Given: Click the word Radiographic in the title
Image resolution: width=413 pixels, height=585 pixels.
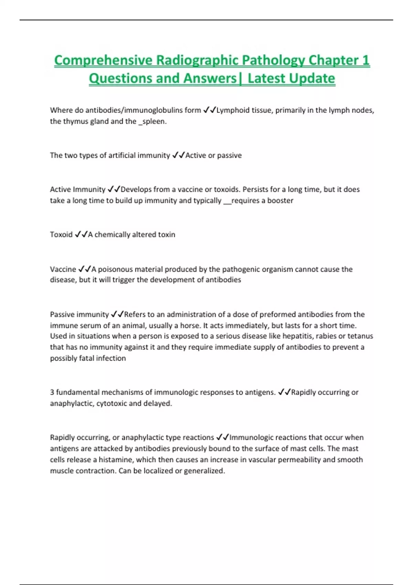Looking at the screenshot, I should coord(197,61).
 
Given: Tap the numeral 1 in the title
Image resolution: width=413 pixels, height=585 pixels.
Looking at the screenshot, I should coord(366,61).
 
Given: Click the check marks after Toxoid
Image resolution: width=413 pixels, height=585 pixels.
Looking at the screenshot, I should coord(81,234).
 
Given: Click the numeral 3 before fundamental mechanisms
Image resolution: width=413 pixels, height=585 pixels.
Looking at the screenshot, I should coord(52,392).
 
